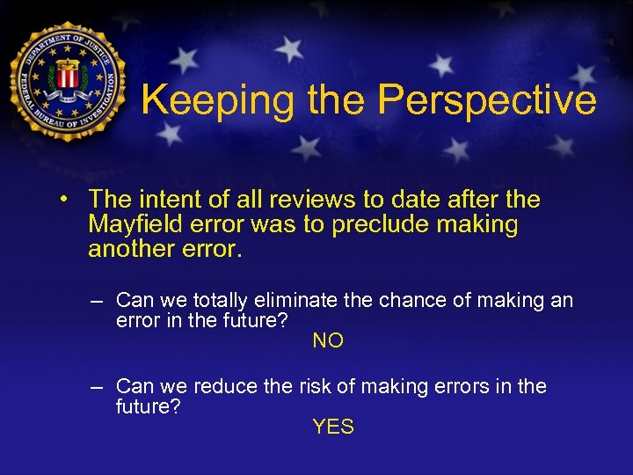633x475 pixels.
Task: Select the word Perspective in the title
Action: pos(487,101)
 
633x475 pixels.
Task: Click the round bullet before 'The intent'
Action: pos(65,201)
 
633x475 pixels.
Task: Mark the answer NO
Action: pos(328,340)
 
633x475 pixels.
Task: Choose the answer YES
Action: pos(333,427)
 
